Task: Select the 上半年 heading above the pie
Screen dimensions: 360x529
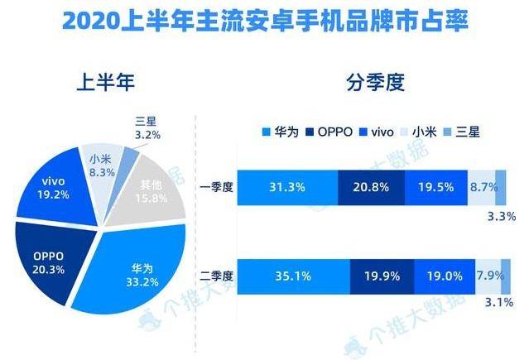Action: click(104, 84)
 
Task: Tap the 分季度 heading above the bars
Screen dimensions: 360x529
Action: click(369, 84)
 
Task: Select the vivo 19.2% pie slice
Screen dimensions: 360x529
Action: click(54, 187)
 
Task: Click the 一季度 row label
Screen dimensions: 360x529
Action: click(218, 188)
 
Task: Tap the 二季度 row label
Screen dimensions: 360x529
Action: click(218, 273)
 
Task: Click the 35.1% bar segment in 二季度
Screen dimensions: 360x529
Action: click(297, 273)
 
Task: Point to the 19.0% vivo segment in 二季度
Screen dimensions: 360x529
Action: click(441, 273)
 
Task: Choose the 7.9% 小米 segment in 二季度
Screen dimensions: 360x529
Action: click(486, 273)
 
